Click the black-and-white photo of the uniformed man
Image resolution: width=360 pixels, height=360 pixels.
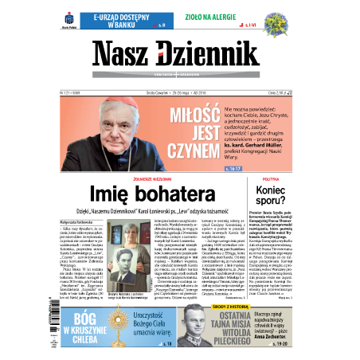[x=193, y=326]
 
